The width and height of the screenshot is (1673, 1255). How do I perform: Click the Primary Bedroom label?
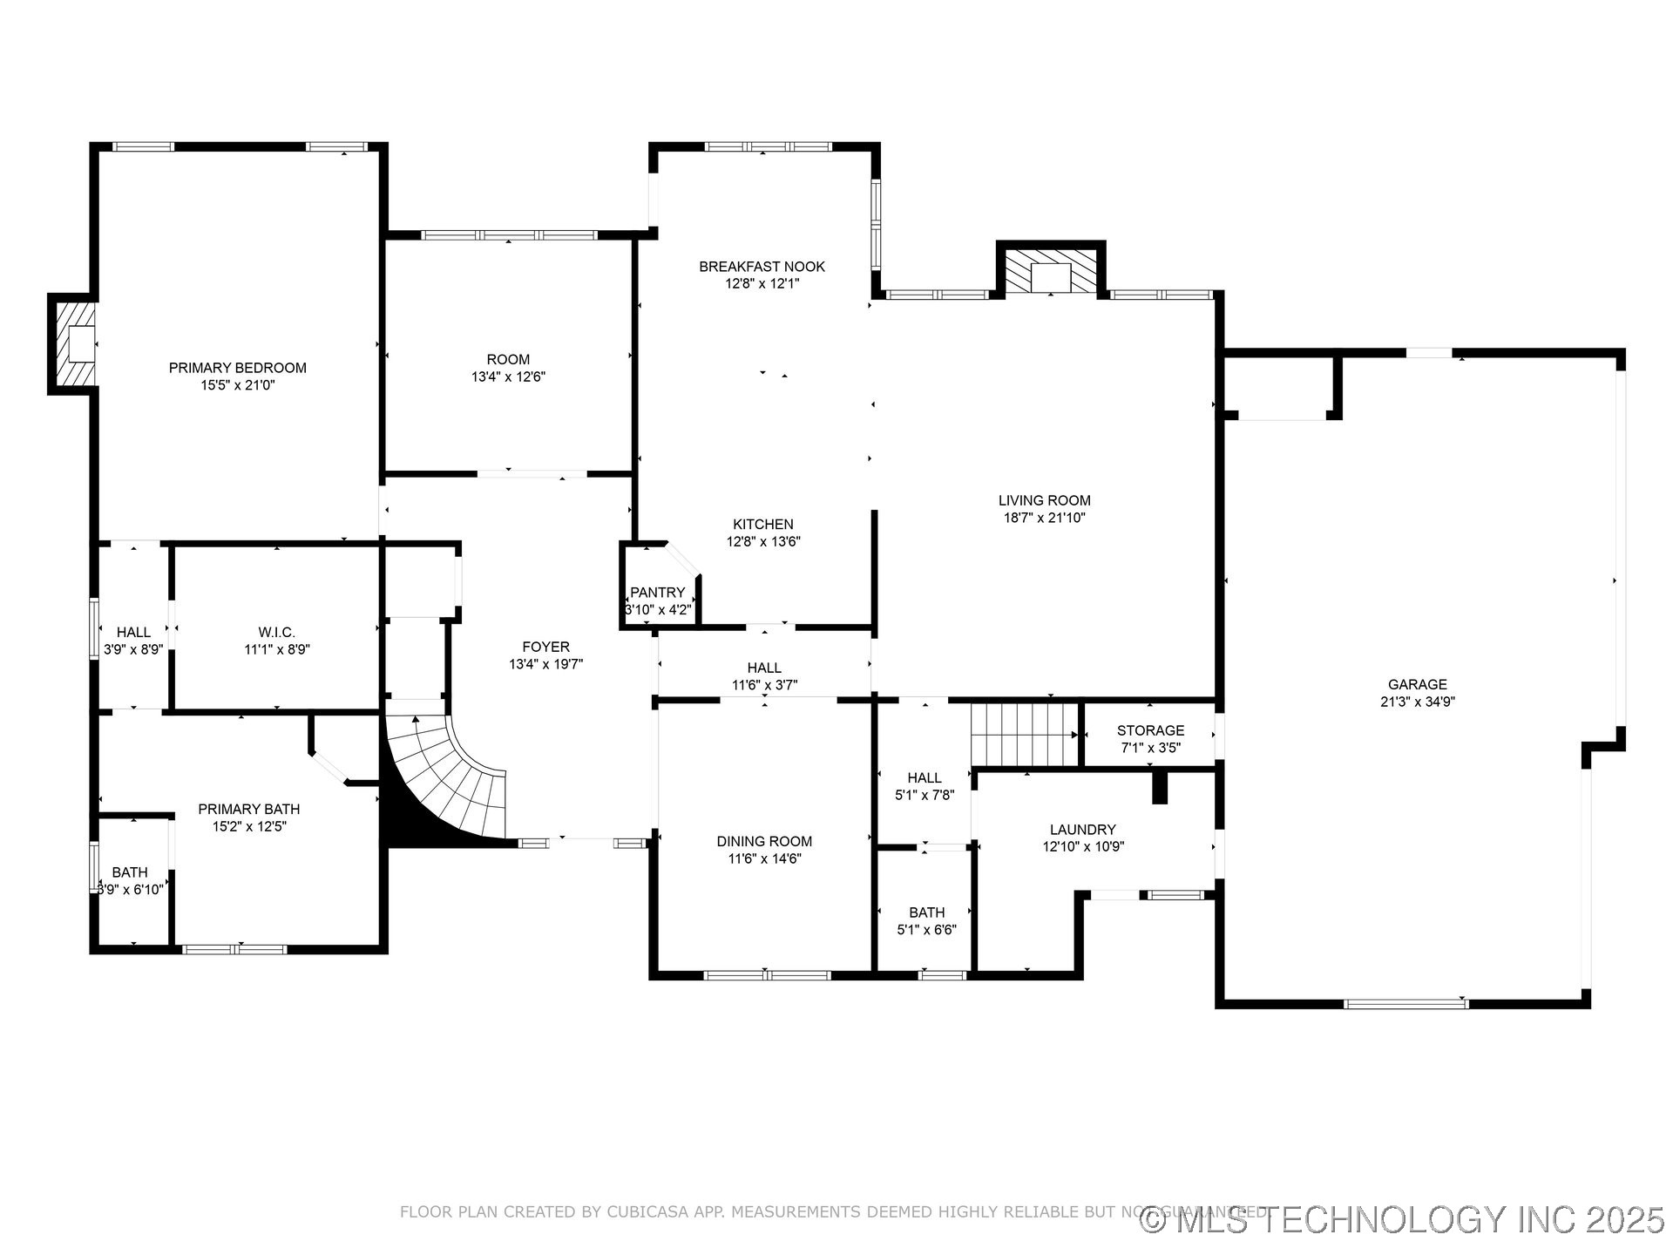pyautogui.click(x=237, y=368)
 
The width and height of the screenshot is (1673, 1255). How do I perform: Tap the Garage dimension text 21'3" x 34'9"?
pyautogui.click(x=1418, y=702)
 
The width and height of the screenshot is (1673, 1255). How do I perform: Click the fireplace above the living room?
pyautogui.click(x=1051, y=273)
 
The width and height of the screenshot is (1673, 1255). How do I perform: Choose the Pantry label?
pyautogui.click(x=657, y=593)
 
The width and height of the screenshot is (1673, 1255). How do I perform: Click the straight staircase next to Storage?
pyautogui.click(x=1026, y=734)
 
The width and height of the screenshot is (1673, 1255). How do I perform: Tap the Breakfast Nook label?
pyautogui.click(x=762, y=267)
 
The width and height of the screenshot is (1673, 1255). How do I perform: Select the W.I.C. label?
pyautogui.click(x=276, y=632)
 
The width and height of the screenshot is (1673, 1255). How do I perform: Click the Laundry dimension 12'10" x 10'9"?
pyautogui.click(x=1083, y=846)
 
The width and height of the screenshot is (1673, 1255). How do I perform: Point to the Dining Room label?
pyautogui.click(x=764, y=841)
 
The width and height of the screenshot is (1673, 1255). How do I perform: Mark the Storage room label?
pyautogui.click(x=1150, y=730)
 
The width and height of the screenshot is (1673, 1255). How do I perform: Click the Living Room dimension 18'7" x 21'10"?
pyautogui.click(x=1044, y=518)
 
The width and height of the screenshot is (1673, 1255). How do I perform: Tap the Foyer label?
pyautogui.click(x=545, y=647)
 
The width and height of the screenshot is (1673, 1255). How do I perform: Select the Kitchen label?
pyautogui.click(x=762, y=524)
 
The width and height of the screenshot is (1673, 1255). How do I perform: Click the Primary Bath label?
pyautogui.click(x=248, y=809)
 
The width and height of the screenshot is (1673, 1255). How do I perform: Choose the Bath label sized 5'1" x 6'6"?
pyautogui.click(x=926, y=912)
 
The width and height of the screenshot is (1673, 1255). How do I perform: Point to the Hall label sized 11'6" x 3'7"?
pyautogui.click(x=764, y=668)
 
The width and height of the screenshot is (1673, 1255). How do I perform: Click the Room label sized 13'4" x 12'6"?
pyautogui.click(x=508, y=359)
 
